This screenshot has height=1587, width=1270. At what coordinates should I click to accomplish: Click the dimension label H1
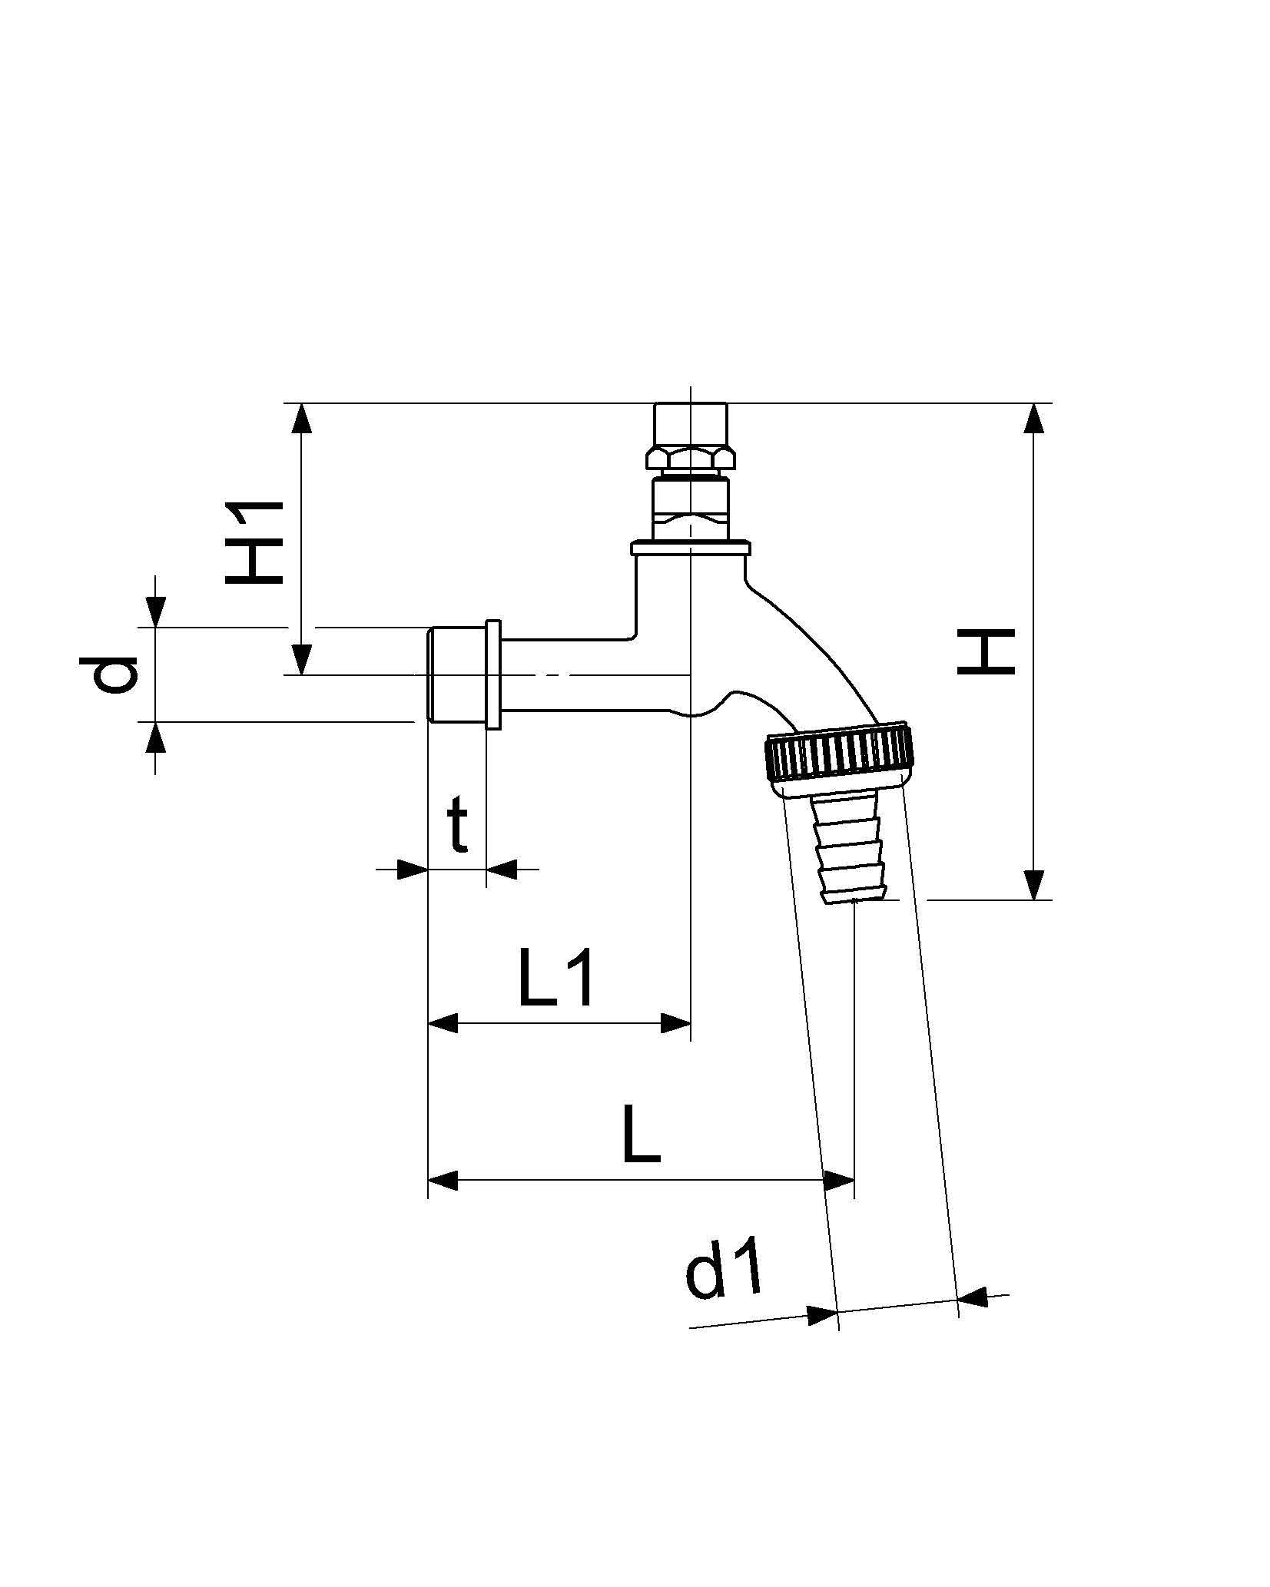tap(255, 542)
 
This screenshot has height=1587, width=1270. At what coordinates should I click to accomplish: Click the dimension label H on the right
tap(986, 651)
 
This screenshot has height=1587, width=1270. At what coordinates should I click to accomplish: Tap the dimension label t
tap(458, 826)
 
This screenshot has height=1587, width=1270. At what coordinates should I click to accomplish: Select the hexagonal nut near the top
tap(690, 459)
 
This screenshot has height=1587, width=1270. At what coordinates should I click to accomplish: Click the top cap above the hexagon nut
tap(690, 425)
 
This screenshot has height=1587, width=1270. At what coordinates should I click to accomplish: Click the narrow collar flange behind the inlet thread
tap(493, 674)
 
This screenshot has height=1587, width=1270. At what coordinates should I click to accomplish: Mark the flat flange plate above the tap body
tap(689, 548)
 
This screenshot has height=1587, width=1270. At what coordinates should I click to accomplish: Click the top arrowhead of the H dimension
tap(1035, 419)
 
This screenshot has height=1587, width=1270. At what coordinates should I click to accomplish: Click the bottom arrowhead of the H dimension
tap(1035, 883)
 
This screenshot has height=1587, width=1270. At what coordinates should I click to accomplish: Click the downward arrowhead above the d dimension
tap(156, 612)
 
